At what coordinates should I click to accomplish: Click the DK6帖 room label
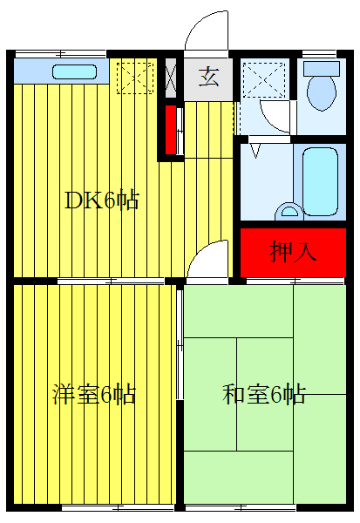[x=102, y=200]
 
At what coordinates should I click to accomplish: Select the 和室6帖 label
[x=263, y=394]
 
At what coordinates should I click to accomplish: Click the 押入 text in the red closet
[x=294, y=252]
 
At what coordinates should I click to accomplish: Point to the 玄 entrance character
[x=208, y=78]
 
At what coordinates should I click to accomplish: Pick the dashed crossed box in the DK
[x=136, y=76]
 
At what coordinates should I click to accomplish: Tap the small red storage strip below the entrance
[x=171, y=129]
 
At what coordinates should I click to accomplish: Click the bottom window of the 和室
[x=241, y=507]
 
